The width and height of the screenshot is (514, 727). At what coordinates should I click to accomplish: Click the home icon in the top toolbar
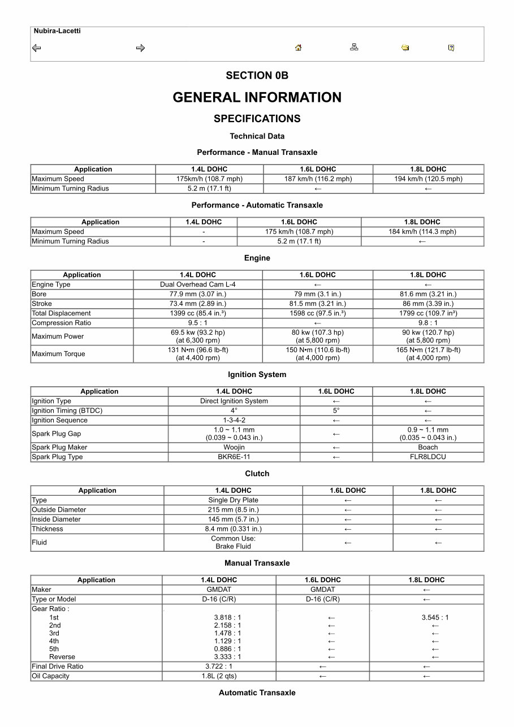click(298, 48)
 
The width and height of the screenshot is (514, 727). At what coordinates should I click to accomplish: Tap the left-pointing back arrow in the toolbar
click(36, 48)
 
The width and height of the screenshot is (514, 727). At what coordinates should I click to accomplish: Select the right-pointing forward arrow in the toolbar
click(140, 48)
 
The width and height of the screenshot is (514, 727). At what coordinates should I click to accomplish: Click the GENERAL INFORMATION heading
click(257, 97)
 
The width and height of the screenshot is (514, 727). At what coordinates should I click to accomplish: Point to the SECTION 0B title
click(257, 76)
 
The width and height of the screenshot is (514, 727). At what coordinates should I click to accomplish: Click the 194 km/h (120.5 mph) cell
click(428, 179)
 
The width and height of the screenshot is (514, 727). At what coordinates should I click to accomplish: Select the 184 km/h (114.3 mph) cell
click(422, 232)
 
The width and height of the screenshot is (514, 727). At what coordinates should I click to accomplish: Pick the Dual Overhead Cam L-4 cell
click(198, 284)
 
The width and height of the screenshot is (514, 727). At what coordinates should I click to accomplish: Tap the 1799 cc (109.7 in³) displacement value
click(428, 313)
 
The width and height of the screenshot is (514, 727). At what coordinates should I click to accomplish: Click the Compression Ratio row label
click(61, 323)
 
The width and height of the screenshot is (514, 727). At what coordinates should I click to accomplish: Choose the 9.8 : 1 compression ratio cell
click(428, 323)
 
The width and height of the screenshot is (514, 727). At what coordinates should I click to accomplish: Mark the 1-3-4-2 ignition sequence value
click(234, 420)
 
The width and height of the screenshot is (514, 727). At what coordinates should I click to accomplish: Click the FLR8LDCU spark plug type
click(427, 457)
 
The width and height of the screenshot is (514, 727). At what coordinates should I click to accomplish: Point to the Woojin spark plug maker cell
click(234, 447)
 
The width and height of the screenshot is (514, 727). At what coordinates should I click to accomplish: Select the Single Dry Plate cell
click(233, 500)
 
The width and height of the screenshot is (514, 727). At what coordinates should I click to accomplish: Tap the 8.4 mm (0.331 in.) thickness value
click(233, 529)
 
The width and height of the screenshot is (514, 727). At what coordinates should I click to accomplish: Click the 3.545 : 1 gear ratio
click(435, 617)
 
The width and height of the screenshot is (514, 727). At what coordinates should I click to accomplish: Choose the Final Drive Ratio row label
click(57, 667)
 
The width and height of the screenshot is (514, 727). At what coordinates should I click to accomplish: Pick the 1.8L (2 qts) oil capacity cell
click(219, 676)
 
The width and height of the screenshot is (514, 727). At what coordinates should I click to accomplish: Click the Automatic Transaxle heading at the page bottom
click(257, 693)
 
